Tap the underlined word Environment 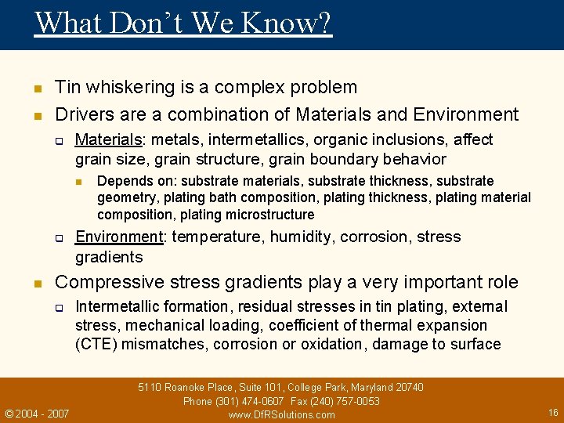pyautogui.click(x=118, y=237)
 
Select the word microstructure pyautogui.click(x=270, y=215)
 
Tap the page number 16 pyautogui.click(x=553, y=412)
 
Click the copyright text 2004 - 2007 pyautogui.click(x=42, y=414)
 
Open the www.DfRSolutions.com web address pyautogui.click(x=281, y=414)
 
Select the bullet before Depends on pyautogui.click(x=80, y=182)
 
